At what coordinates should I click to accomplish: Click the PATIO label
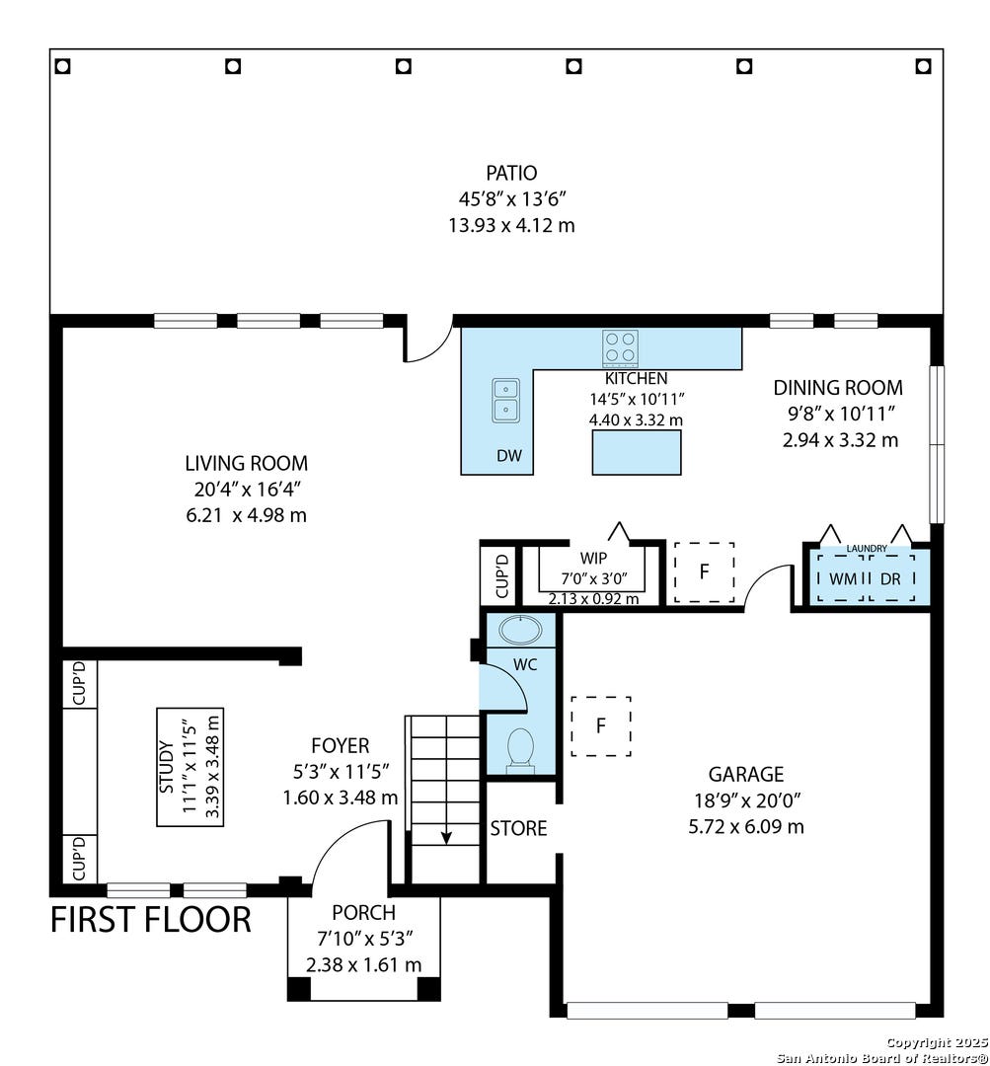(x=511, y=173)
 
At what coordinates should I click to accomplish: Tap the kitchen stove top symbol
(x=620, y=348)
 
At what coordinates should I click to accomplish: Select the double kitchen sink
(x=506, y=401)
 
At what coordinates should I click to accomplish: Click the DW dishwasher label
(x=509, y=455)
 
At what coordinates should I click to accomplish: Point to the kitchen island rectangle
(x=637, y=452)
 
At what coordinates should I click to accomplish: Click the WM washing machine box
(x=843, y=578)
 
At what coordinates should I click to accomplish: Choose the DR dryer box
(x=891, y=578)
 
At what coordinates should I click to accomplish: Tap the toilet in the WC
(x=521, y=750)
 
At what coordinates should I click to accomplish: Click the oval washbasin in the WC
(x=521, y=630)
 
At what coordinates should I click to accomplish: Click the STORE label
(x=519, y=829)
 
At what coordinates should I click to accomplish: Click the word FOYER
(x=340, y=746)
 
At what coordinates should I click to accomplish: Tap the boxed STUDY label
(x=190, y=767)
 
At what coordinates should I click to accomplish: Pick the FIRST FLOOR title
(x=151, y=919)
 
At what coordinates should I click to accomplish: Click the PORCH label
(x=364, y=912)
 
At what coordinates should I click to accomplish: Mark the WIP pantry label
(x=593, y=559)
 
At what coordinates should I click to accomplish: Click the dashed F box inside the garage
(x=601, y=726)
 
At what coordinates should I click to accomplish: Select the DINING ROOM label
(x=838, y=388)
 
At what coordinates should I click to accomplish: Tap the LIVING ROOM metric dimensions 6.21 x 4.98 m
(x=246, y=515)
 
